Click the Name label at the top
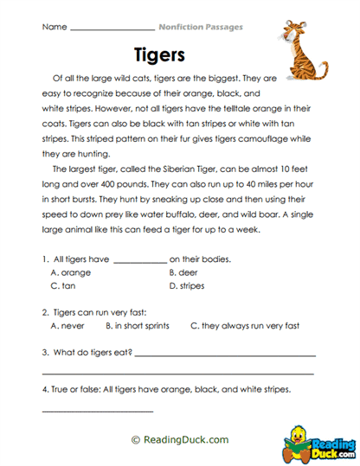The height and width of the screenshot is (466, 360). tap(54, 28)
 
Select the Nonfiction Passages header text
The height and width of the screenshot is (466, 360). tap(201, 28)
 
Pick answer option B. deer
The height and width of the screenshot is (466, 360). tap(185, 271)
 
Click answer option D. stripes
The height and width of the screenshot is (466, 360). tap(190, 284)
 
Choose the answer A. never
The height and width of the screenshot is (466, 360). tap(68, 326)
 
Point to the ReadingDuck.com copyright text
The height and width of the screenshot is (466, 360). tap(180, 439)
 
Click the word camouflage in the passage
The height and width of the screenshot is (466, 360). tap(254, 138)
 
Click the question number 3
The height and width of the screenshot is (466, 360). tap(45, 352)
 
